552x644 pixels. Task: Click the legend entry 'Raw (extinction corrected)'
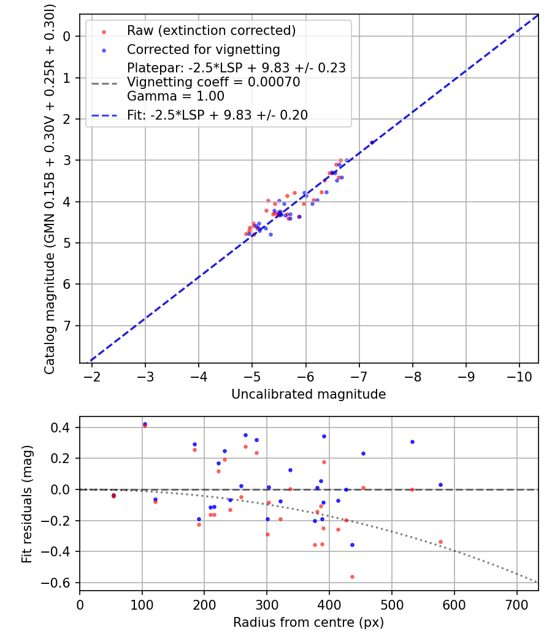coord(211,30)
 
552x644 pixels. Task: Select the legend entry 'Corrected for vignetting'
coord(203,49)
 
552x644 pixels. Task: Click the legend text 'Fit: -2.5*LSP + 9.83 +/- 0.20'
coord(217,115)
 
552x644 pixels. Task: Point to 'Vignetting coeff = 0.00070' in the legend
coord(213,82)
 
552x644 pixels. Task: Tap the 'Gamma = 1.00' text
coord(175,96)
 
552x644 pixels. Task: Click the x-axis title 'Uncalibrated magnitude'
coord(309,394)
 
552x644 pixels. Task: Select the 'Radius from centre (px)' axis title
coord(309,623)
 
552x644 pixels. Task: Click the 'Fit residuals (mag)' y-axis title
coord(26,504)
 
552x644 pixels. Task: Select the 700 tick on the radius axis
coord(516,605)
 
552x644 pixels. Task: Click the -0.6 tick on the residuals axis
coord(60,583)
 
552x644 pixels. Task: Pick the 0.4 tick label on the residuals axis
coord(63,427)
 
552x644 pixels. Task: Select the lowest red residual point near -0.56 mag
coord(352,577)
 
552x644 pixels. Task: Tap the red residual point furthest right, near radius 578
coord(440,542)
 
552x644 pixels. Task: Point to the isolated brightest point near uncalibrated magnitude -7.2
coord(372,142)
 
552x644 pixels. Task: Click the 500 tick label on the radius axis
coord(391,605)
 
